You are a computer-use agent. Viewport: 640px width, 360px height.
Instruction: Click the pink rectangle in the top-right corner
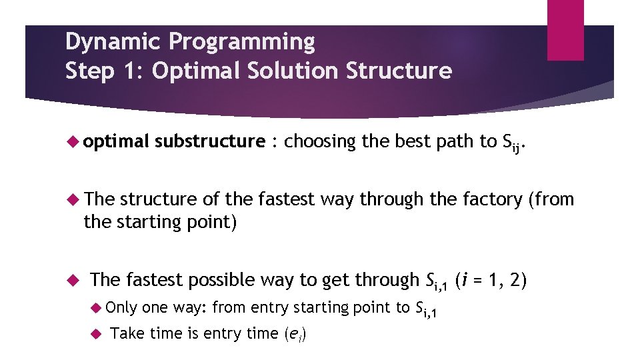565,30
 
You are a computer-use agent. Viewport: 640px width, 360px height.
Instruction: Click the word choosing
319,141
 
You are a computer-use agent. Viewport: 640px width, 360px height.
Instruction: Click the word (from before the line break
551,199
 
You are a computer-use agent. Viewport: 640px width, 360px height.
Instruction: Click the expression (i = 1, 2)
491,280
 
